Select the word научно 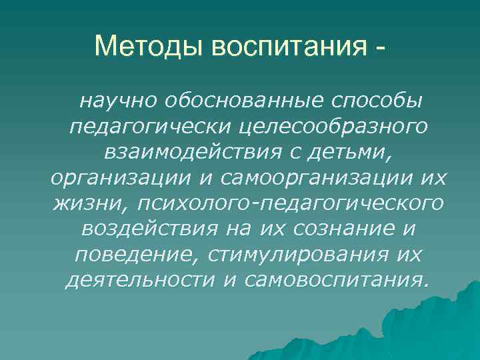[x=116, y=101]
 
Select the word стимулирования [x=290, y=254]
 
